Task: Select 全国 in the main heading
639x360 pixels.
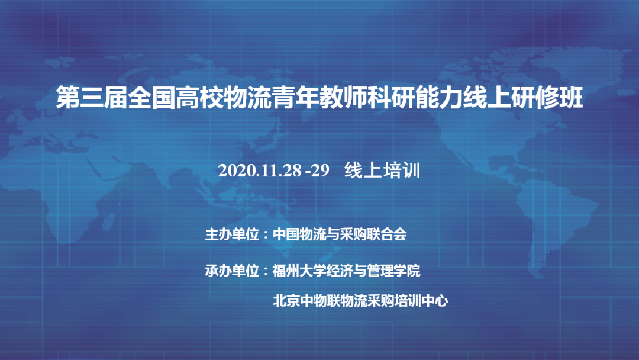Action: pyautogui.click(x=151, y=98)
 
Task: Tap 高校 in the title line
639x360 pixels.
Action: pyautogui.click(x=199, y=98)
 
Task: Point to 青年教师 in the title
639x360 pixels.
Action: pyautogui.click(x=319, y=98)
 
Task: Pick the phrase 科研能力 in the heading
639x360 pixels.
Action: pyautogui.click(x=415, y=98)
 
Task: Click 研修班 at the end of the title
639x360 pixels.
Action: pyautogui.click(x=547, y=98)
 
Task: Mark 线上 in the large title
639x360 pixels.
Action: pyautogui.click(x=487, y=98)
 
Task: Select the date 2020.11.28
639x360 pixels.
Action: pyautogui.click(x=260, y=171)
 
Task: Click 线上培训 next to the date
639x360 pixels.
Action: pyautogui.click(x=382, y=170)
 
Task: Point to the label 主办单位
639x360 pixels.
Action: pyautogui.click(x=232, y=234)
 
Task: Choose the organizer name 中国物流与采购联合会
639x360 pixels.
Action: pyautogui.click(x=340, y=234)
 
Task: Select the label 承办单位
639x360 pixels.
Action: pyautogui.click(x=232, y=271)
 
